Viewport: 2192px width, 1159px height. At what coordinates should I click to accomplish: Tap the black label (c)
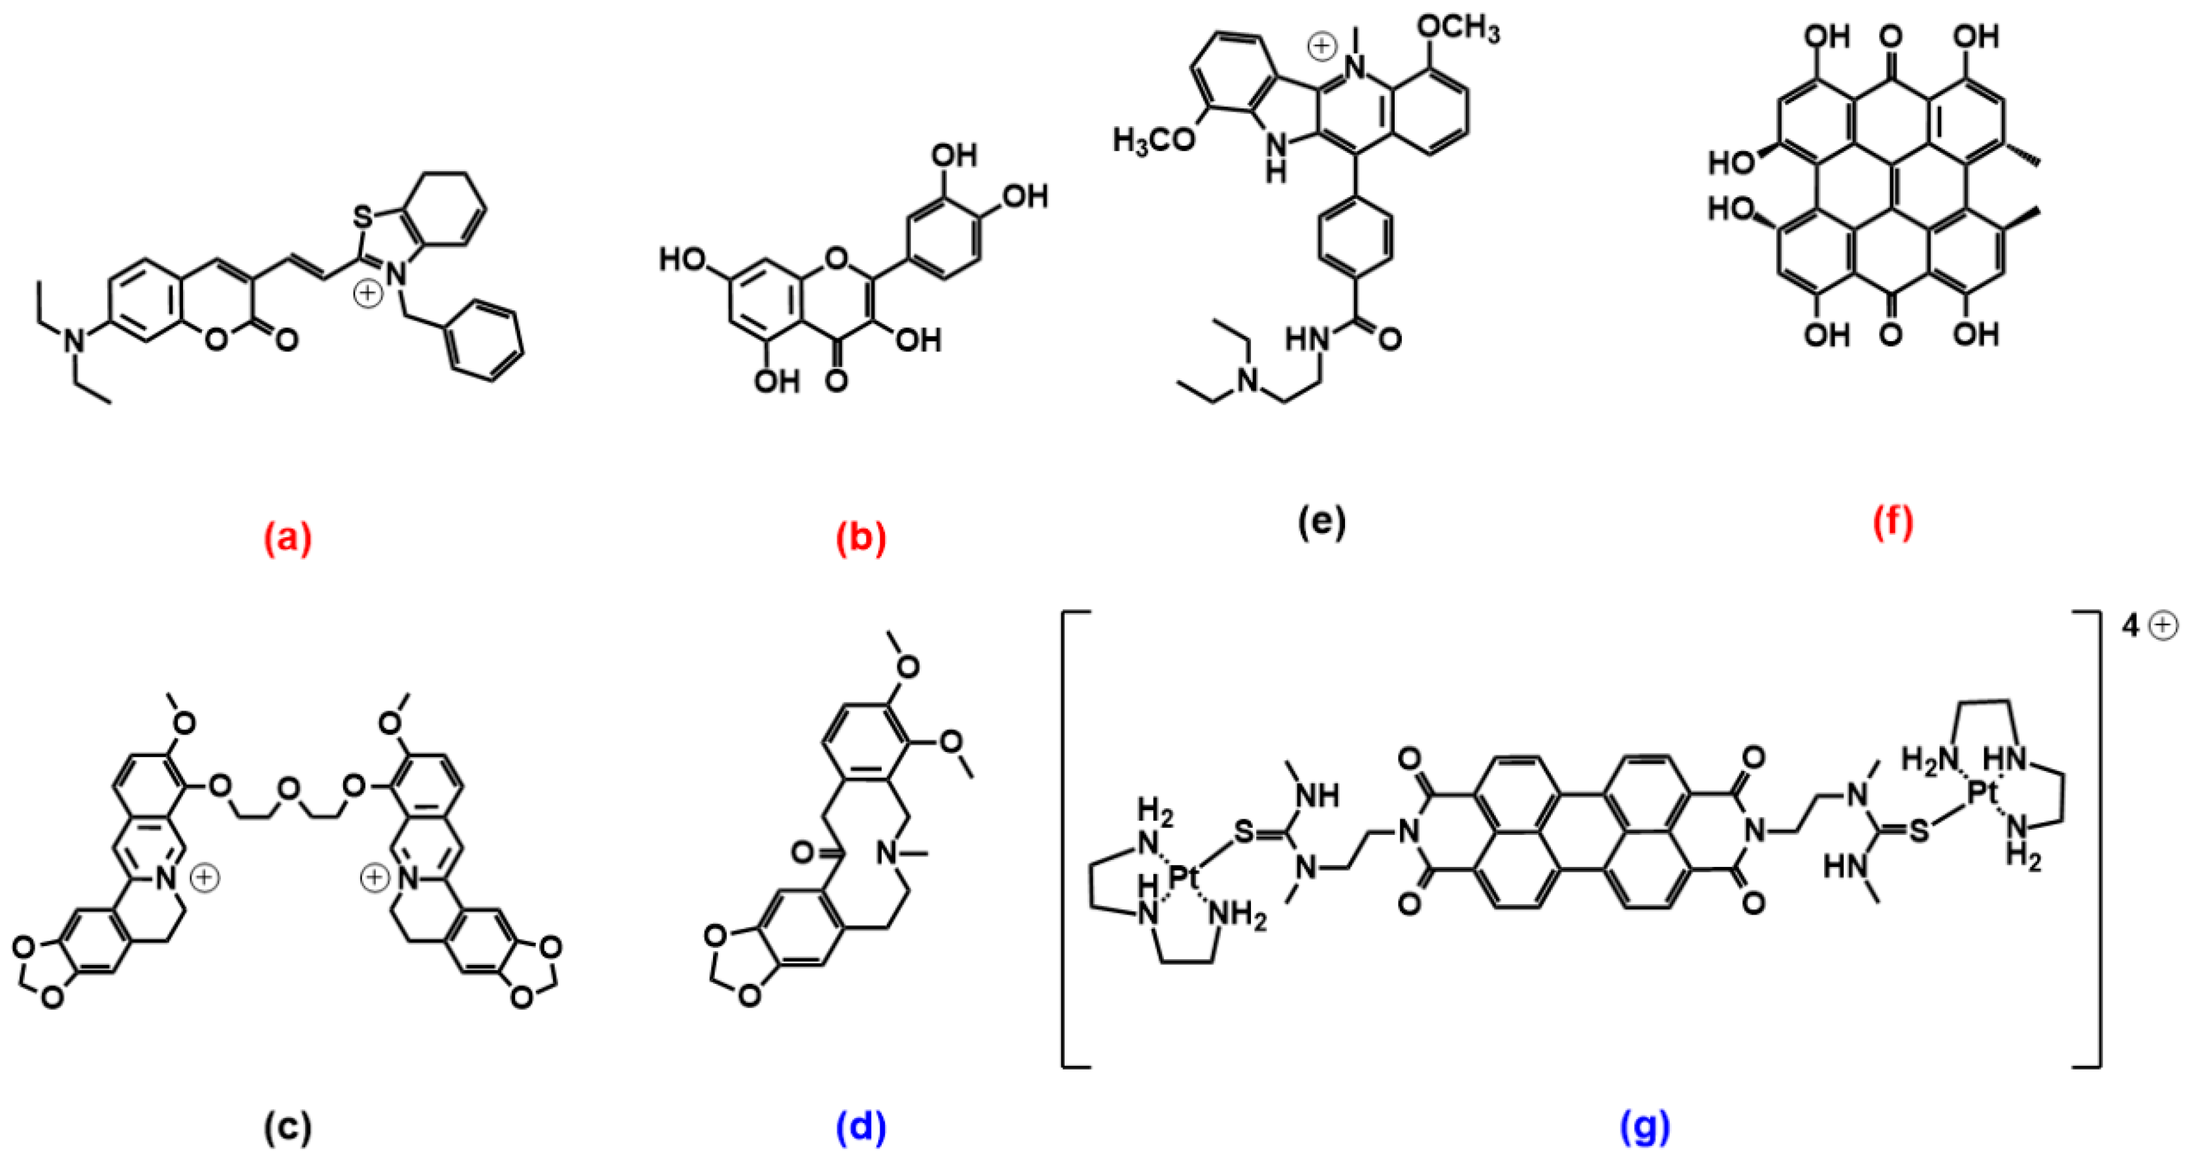click(x=288, y=1128)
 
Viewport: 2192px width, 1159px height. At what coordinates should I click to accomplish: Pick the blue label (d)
click(x=861, y=1128)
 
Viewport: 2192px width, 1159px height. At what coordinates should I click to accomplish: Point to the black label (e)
click(x=1321, y=521)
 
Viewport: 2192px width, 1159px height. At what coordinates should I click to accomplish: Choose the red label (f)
click(x=1893, y=521)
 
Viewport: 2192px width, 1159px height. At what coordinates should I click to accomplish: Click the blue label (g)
click(x=1645, y=1128)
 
